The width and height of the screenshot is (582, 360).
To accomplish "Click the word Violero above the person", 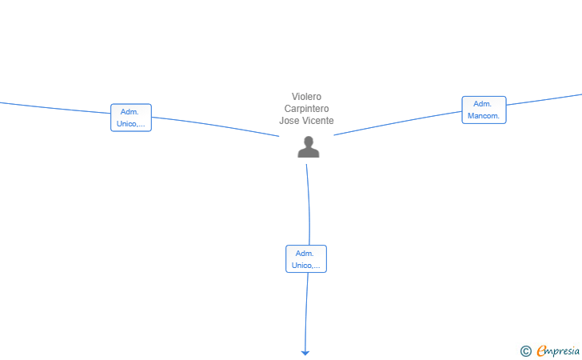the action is [x=306, y=97].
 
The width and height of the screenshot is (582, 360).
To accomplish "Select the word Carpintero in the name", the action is [x=307, y=109].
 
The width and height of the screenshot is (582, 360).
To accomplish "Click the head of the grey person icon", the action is [x=309, y=142].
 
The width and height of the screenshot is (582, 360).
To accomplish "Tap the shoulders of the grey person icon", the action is [x=309, y=153].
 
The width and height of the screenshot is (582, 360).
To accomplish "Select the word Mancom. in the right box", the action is [x=484, y=116].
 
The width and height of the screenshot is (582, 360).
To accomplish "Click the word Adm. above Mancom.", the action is [x=483, y=104].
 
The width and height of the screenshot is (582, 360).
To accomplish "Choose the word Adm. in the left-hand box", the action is [x=130, y=112].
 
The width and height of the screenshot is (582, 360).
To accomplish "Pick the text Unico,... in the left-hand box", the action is [x=131, y=124].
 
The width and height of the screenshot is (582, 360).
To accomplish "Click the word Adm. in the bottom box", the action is [x=305, y=254].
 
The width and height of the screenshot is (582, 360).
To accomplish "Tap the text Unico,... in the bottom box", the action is [x=306, y=266].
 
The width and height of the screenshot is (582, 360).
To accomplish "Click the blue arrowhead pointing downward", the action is [x=305, y=353].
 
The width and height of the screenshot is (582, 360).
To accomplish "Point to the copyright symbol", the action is [x=526, y=351].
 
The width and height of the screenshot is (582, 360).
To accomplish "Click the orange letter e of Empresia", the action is [x=541, y=350].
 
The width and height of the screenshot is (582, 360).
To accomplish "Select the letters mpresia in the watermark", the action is [x=563, y=351].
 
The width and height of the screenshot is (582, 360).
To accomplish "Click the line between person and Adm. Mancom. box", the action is [x=398, y=123].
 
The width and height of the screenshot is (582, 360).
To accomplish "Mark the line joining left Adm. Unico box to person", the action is [x=215, y=126].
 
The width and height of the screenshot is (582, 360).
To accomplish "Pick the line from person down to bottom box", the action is [x=309, y=204].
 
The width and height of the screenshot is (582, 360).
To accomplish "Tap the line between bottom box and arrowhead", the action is [x=306, y=311].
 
